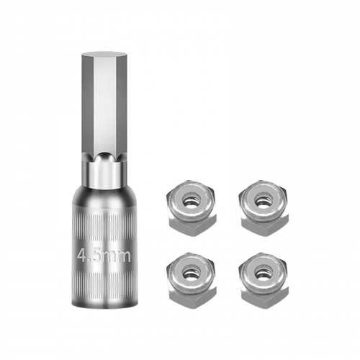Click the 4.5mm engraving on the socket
pyautogui.click(x=104, y=256)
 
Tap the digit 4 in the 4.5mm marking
pyautogui.click(x=81, y=256)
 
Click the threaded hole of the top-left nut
pyautogui.click(x=191, y=199)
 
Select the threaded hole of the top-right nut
pyautogui.click(x=264, y=199)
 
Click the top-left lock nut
pyautogui.click(x=191, y=207)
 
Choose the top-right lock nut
pyautogui.click(x=264, y=207)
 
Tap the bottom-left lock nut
pyautogui.click(x=191, y=279)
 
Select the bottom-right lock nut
pyautogui.click(x=264, y=279)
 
